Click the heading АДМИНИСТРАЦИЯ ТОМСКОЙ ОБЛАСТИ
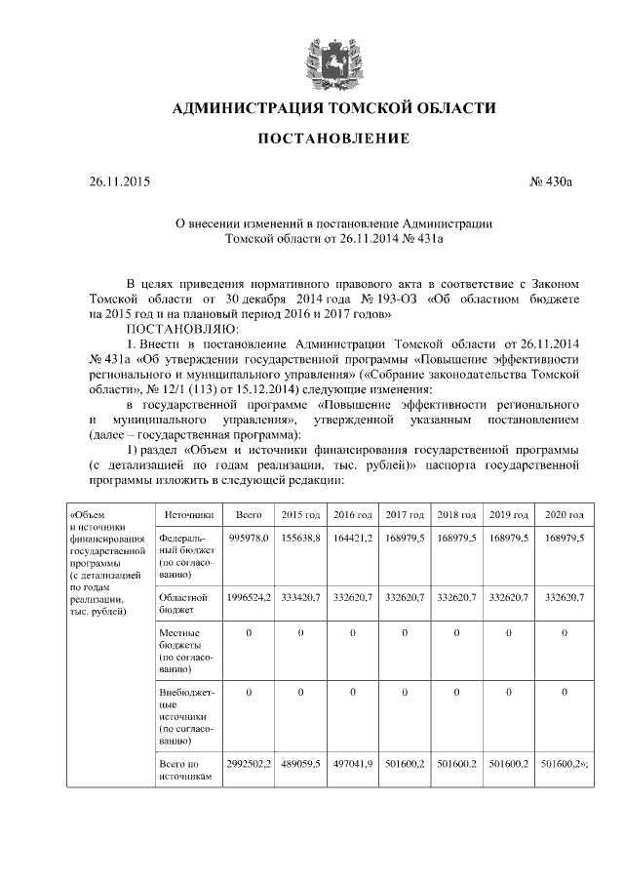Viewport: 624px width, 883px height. (333, 107)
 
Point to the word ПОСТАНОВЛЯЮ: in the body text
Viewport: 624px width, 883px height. (171, 329)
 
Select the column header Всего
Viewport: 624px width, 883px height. (249, 514)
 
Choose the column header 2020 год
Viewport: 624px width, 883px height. (565, 514)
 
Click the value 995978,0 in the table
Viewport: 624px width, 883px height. (249, 538)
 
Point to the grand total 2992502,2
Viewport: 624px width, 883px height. (249, 764)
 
